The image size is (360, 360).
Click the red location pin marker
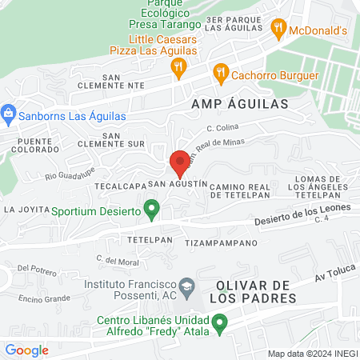coord(180,163)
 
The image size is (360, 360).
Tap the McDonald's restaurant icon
coord(278,30)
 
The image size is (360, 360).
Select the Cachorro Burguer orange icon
coord(221,75)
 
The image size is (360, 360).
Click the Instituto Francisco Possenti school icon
coord(186,285)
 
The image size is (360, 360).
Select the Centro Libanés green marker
coord(218,322)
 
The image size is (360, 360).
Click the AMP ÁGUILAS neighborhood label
coord(239,104)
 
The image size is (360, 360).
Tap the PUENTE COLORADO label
coord(34,143)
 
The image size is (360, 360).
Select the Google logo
coord(26,350)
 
